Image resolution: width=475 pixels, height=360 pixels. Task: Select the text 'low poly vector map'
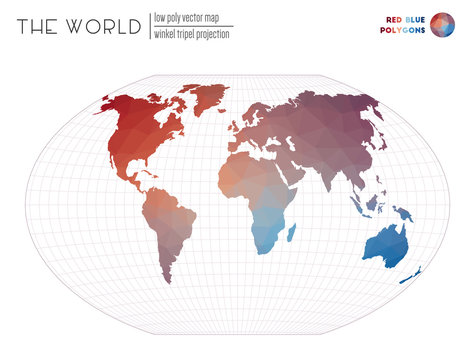pos(186,17)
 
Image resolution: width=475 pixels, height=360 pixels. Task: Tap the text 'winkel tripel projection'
pos(191,34)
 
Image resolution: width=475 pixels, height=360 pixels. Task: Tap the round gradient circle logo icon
pos(441,24)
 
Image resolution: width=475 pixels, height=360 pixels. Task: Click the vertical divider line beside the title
pos(148,26)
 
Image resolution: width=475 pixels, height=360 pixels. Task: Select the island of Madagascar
pos(291,232)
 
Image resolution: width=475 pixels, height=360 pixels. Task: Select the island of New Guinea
pos(401,212)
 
